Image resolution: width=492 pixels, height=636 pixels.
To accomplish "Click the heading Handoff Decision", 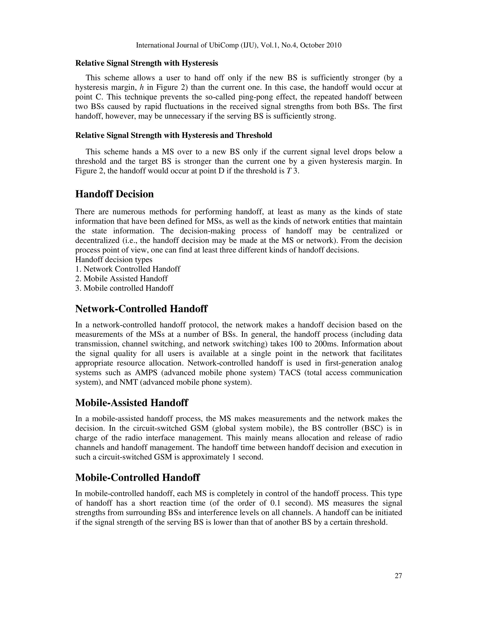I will point(114,194).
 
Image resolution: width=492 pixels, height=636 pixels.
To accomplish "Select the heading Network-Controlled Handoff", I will point(141,309).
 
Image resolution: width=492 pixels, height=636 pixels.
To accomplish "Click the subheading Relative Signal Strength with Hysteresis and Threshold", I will point(173,135).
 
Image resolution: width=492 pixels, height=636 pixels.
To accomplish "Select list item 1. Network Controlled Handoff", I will point(128,269).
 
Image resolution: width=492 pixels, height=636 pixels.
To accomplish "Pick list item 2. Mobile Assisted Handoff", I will point(121,279).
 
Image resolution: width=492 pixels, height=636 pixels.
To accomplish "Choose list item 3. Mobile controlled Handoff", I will point(124,288).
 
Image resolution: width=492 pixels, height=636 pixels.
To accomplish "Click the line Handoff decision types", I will point(114,259).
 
